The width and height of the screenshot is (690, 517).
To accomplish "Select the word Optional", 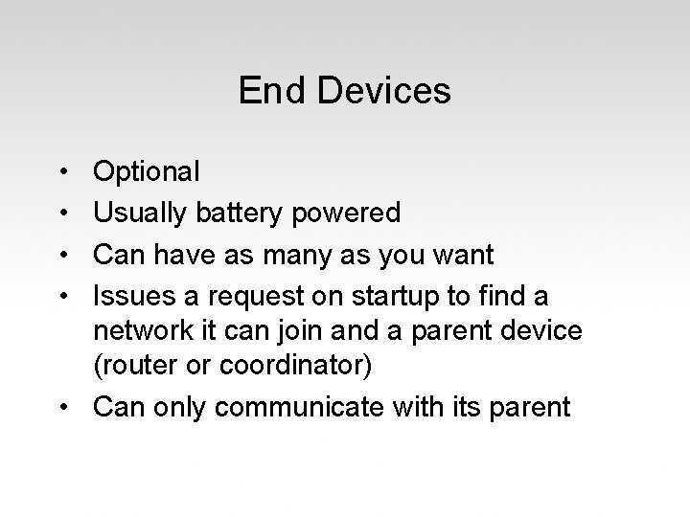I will click(147, 172).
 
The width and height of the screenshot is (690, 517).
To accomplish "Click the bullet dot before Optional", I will click(62, 172).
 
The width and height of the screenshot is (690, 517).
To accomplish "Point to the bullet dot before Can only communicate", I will click(62, 407).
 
